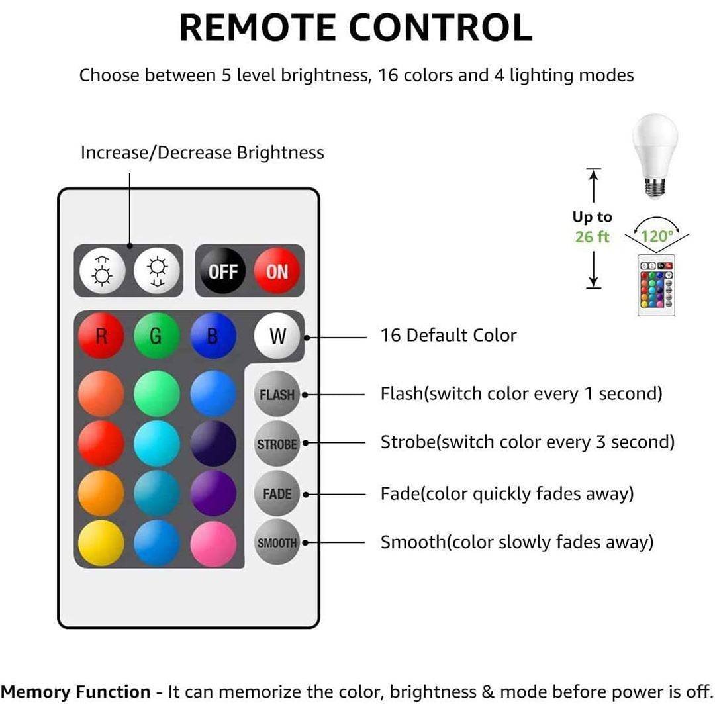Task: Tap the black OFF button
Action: tap(223, 271)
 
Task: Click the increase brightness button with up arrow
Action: tap(102, 271)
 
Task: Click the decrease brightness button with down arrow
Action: tap(157, 271)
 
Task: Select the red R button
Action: tap(101, 336)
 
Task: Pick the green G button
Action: tap(157, 336)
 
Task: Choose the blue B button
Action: tap(213, 336)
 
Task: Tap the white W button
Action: tap(277, 336)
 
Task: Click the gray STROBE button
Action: tap(277, 444)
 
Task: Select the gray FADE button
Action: tap(277, 493)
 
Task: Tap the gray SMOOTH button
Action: tap(277, 543)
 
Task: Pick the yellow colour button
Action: tap(101, 543)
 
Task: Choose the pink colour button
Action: tap(213, 544)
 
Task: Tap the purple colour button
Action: tap(213, 493)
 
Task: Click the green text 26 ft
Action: tap(592, 237)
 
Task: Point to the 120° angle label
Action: tap(657, 236)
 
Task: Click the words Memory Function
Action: tap(75, 692)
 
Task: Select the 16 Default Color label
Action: tap(449, 335)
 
